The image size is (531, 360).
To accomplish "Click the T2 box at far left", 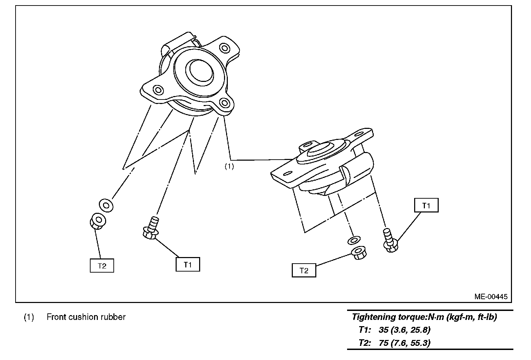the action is point(102,266).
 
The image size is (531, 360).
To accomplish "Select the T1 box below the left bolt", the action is point(188,265).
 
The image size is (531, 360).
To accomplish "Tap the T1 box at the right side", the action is point(426,206).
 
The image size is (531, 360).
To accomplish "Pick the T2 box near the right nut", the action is point(304,271).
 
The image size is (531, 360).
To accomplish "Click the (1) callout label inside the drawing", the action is point(229,166).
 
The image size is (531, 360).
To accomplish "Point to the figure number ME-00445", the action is point(491,296).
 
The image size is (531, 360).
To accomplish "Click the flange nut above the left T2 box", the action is point(97,221).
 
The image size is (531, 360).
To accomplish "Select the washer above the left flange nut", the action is point(106,205).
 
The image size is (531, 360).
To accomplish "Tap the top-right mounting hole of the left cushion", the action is point(224,48).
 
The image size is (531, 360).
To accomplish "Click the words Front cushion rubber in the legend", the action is point(86,317).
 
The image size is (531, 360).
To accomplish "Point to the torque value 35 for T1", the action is point(384,330).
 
